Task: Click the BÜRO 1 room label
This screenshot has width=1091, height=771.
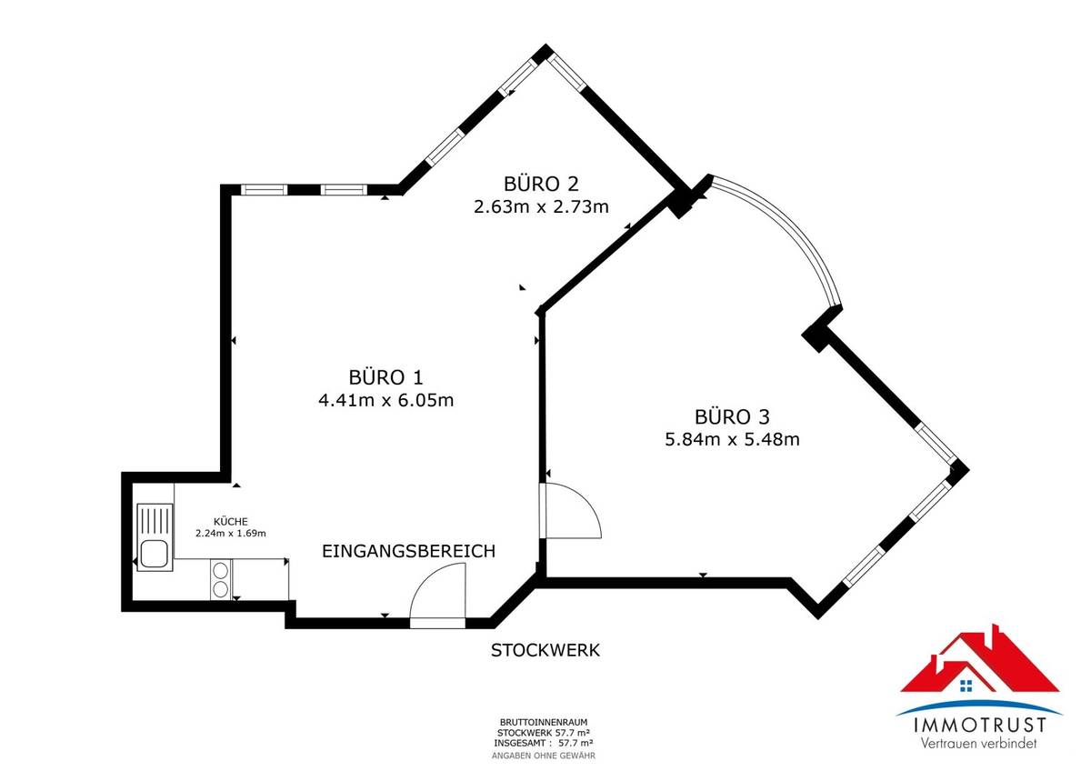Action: point(385,376)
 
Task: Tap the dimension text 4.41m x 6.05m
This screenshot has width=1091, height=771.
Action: point(385,399)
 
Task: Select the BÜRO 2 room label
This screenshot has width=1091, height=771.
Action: point(541,184)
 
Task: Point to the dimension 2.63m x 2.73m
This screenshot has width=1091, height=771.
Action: point(541,206)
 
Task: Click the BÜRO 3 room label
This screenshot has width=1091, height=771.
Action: point(732,417)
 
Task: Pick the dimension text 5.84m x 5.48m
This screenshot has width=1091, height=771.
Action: point(732,440)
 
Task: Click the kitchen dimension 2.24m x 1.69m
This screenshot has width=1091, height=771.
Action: point(230,534)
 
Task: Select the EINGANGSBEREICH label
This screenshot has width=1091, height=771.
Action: point(408,551)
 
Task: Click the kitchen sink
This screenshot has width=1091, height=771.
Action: point(153,552)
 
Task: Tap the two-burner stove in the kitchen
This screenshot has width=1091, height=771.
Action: point(220,579)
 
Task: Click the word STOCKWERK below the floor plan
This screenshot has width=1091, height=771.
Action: point(545,650)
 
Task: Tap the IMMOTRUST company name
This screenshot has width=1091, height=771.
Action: point(977,726)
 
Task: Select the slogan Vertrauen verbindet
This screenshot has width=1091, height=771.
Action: point(977,744)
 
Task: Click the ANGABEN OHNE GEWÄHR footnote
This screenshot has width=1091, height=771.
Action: point(544,756)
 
